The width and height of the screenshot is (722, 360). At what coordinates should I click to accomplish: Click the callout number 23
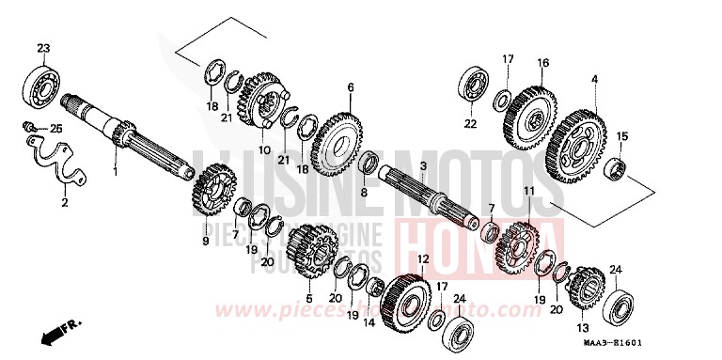pos(42,47)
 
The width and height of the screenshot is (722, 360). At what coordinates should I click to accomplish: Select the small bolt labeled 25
pos(31,127)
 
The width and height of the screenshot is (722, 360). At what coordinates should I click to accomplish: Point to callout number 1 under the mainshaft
pos(116,173)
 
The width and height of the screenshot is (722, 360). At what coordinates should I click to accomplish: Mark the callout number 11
pos(528,192)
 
